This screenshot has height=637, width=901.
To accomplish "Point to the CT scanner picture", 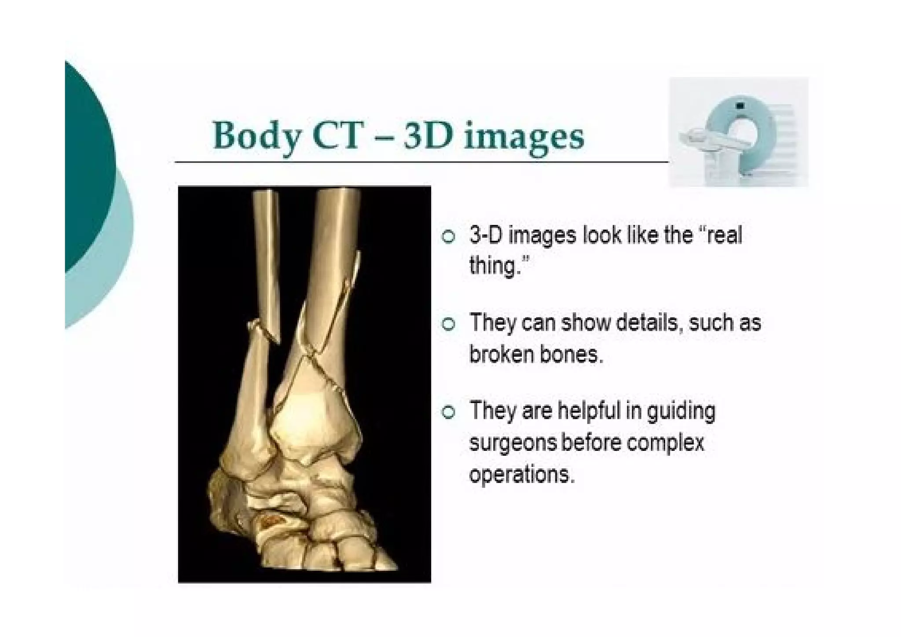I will click(x=738, y=132).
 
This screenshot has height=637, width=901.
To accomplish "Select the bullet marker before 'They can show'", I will click(x=448, y=324).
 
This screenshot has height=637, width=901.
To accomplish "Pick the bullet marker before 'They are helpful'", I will click(x=448, y=412).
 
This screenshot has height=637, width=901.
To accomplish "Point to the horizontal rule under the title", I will click(x=421, y=162).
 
